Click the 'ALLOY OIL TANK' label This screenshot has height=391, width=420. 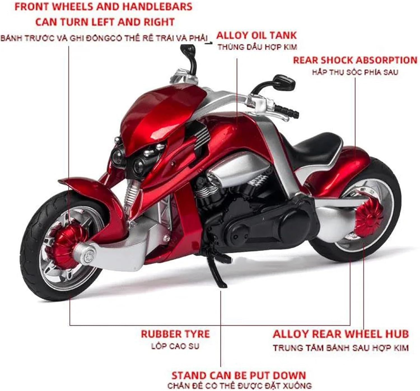pos(256,35)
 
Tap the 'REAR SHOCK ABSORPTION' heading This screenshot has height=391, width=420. pos(355,60)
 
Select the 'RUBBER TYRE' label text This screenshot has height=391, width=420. pos(175,334)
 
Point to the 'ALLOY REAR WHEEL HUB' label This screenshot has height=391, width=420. pos(340,334)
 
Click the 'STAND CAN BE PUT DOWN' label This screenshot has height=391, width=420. pos(239,375)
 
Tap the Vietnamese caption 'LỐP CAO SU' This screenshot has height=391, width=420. pos(175,346)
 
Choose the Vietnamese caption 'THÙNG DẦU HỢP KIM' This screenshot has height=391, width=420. pos(257,47)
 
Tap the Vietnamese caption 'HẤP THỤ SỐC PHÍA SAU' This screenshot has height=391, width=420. pos(355,72)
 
